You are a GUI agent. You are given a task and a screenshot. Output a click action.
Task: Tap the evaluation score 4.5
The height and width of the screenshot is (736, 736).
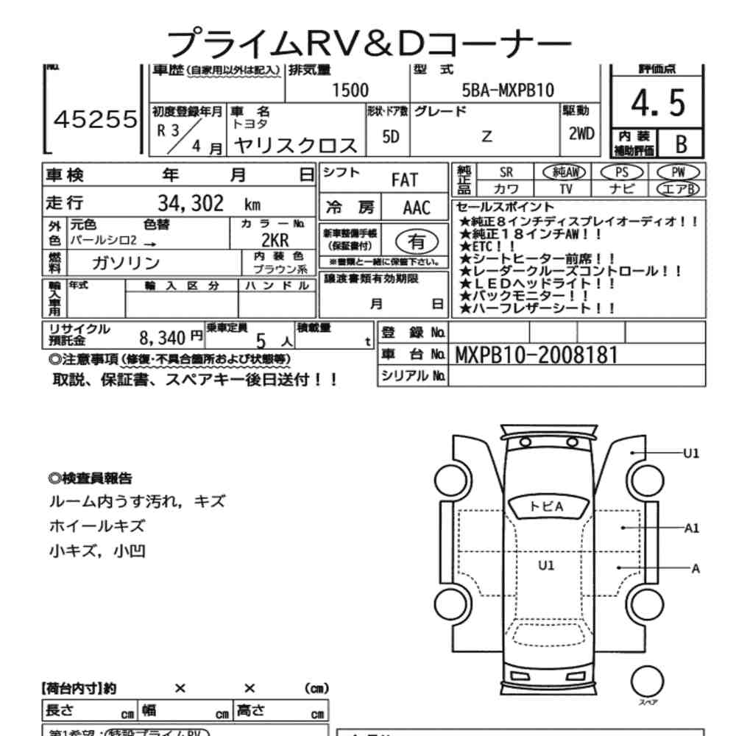tap(658, 104)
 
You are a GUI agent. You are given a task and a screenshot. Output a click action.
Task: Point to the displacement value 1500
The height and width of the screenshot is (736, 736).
tap(350, 91)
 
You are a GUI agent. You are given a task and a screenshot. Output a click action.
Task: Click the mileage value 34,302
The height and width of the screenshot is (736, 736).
tap(191, 204)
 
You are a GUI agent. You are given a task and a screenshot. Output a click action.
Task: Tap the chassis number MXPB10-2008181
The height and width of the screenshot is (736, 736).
tap(537, 355)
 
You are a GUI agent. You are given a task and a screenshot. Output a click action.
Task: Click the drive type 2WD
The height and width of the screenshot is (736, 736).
tap(581, 135)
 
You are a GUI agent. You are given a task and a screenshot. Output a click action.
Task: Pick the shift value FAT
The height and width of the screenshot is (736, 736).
tap(404, 180)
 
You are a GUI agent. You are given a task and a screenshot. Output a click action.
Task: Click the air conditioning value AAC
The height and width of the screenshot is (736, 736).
tap(416, 207)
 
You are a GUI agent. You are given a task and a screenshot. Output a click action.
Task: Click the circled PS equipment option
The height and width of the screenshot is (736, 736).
tap(622, 171)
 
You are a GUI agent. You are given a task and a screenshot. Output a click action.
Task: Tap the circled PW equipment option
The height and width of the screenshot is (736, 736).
tap(679, 171)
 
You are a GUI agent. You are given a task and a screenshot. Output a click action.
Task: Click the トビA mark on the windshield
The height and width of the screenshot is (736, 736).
tap(546, 506)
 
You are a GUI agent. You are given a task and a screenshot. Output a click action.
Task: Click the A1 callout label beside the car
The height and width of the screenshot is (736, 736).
tap(691, 528)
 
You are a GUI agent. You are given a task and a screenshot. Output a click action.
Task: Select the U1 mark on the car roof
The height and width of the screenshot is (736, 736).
tap(545, 565)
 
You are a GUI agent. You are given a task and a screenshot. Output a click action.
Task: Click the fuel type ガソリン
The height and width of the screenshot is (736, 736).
tap(125, 263)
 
